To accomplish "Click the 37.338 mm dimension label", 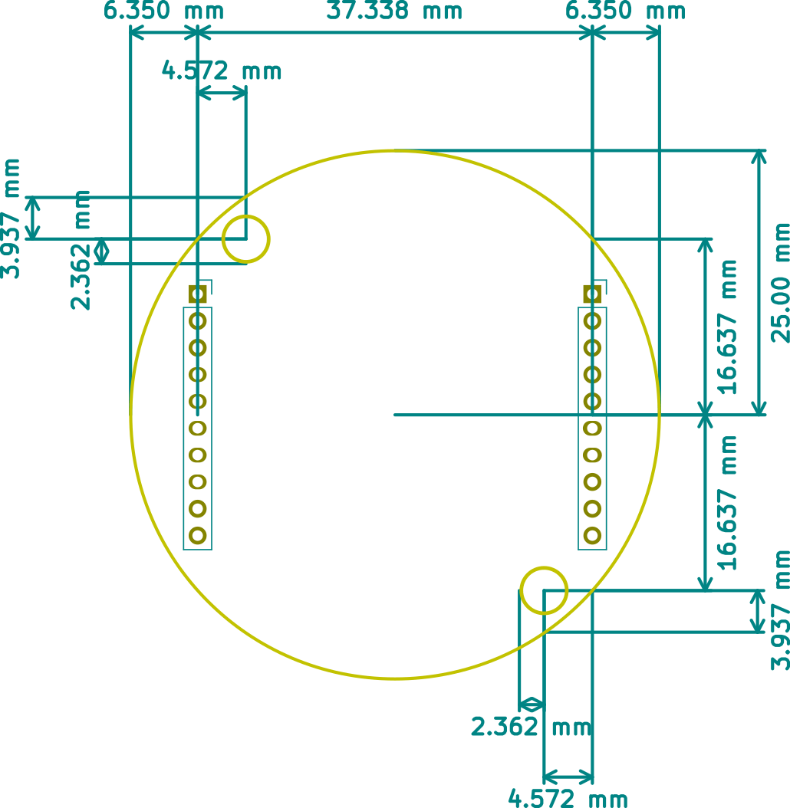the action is pos(394,11).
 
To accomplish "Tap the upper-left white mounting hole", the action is pos(246,238).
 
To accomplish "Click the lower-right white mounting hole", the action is pos(544,590).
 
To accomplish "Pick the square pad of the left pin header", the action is pos(199,293).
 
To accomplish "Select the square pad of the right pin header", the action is pos(592,293).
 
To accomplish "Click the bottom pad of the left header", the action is pos(198,535).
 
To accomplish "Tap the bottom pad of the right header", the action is pos(592,535).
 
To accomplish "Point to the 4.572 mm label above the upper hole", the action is pos(222,71).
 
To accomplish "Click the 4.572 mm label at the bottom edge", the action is pos(568,799).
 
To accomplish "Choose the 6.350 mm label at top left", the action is pos(163,11).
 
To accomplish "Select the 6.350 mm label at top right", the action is pos(625,11).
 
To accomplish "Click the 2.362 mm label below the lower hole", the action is pos(531,726).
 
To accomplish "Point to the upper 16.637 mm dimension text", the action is pos(727,326).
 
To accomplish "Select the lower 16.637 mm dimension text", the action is pos(727,502).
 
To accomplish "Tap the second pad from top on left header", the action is pos(198,320).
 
